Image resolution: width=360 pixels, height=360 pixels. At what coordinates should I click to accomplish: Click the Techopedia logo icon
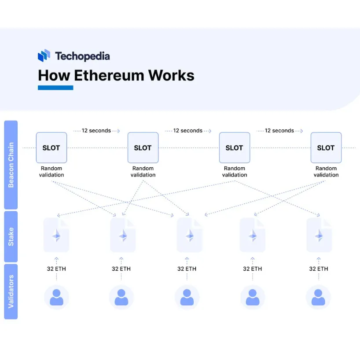(44, 56)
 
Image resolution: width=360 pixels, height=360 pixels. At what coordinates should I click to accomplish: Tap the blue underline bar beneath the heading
(55, 88)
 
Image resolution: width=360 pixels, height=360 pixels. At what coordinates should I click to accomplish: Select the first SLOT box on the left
(51, 148)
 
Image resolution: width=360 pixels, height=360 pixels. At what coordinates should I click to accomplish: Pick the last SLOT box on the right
(326, 148)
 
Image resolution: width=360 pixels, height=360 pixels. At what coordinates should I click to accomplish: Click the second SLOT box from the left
(143, 148)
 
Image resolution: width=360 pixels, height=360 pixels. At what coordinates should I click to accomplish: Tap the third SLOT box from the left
(234, 148)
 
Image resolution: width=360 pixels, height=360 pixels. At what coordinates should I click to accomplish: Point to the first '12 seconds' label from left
(96, 131)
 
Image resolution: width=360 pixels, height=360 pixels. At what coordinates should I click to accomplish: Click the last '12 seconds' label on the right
(279, 131)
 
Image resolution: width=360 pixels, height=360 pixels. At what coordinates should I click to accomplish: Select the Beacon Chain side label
(11, 165)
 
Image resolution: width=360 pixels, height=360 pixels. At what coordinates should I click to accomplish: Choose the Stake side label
(11, 236)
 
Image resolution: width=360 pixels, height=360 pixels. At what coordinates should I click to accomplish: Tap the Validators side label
(11, 291)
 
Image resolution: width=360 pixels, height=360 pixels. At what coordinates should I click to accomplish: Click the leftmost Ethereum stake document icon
(56, 235)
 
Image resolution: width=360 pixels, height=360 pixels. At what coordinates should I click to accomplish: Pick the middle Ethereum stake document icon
(189, 235)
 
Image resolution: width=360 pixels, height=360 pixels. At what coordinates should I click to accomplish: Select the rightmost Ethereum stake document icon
(319, 235)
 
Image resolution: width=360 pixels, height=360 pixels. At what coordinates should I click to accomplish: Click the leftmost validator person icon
(56, 297)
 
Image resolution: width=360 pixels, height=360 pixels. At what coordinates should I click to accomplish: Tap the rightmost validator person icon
(318, 297)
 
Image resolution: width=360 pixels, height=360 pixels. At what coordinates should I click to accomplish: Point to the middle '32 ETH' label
(187, 268)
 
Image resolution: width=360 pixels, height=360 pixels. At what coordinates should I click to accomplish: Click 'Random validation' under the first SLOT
(52, 172)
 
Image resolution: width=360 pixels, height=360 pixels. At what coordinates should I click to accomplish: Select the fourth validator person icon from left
(253, 297)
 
